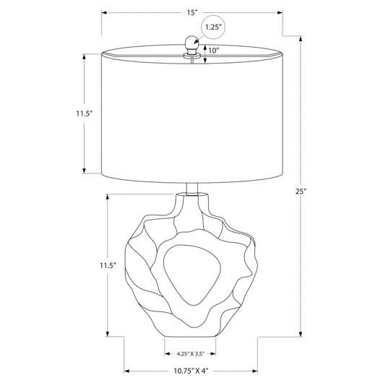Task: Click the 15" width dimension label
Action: [192, 13]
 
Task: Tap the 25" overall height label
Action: [301, 191]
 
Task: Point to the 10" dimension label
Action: [214, 51]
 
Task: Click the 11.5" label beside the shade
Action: [85, 113]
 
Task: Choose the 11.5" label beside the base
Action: [108, 265]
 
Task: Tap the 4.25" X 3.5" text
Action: [190, 353]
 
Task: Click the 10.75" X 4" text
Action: [191, 371]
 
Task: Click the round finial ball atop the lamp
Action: [192, 43]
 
